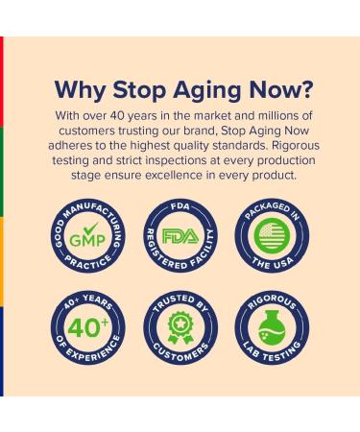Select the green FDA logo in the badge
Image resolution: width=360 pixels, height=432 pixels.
(x=179, y=236)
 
